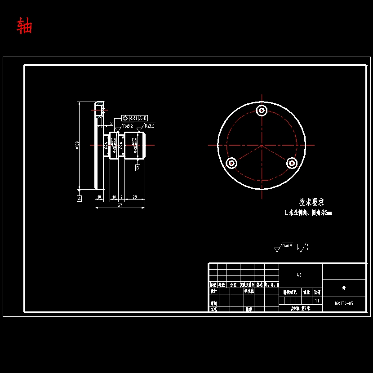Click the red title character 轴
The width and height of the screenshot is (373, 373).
24,26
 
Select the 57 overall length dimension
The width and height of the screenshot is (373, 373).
120,205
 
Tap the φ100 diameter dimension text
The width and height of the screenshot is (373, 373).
77,146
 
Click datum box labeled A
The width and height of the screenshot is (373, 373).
79,198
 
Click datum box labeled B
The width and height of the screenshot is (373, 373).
138,168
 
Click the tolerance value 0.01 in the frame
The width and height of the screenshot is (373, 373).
133,118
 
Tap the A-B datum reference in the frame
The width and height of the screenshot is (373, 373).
143,118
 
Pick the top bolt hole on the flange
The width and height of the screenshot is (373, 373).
262,110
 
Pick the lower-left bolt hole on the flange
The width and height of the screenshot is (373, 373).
231,163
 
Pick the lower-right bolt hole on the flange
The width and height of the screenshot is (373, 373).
292,163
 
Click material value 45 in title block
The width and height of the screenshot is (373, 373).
299,275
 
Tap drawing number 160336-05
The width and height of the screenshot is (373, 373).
344,303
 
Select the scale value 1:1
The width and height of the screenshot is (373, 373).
317,301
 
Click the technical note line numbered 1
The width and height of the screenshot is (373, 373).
308,213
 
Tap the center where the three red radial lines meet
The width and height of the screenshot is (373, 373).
262,145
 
